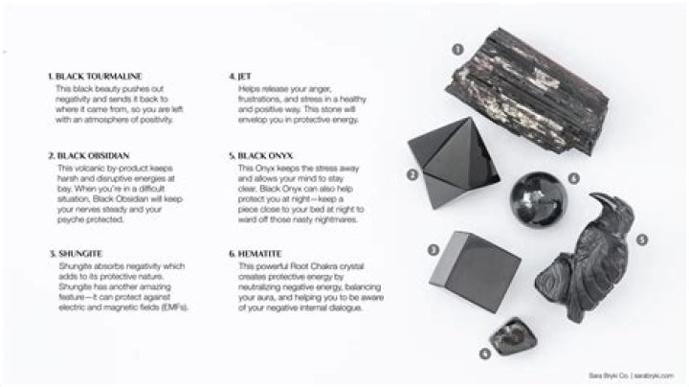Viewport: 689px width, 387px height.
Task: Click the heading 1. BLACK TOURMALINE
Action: click(92, 74)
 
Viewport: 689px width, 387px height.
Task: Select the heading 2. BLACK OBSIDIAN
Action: click(87, 153)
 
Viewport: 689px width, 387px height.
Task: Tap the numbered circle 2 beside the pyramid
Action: click(411, 174)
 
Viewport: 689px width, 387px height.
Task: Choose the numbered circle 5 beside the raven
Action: click(643, 239)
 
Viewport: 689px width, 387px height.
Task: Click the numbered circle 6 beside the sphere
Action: click(574, 178)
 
